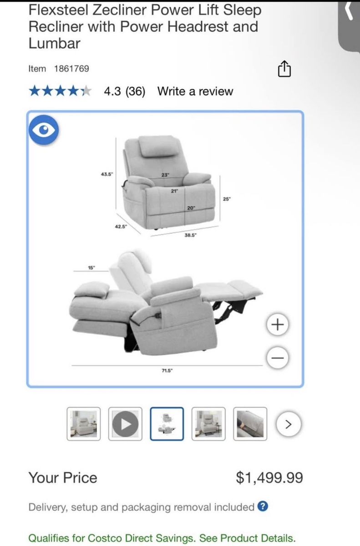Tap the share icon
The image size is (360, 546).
click(284, 69)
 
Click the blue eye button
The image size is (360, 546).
click(44, 130)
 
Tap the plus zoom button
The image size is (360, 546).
click(278, 324)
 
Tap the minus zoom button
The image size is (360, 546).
click(278, 358)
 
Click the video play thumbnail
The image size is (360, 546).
click(125, 424)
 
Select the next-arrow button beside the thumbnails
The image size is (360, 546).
click(289, 424)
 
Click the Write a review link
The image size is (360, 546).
click(195, 91)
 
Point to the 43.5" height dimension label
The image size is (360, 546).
click(107, 174)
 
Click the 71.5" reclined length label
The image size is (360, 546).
click(167, 370)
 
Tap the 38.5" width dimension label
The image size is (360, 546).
click(190, 235)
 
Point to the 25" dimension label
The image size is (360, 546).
click(227, 199)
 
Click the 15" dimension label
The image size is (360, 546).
click(91, 268)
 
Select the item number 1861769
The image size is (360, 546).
click(71, 69)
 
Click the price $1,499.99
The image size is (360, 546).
click(269, 477)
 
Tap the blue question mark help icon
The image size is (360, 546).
click(263, 506)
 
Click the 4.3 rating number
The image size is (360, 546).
click(112, 91)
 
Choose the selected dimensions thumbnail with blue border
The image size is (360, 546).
click(167, 424)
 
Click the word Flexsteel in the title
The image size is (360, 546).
click(59, 10)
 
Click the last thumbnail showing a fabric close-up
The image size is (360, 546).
click(250, 424)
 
